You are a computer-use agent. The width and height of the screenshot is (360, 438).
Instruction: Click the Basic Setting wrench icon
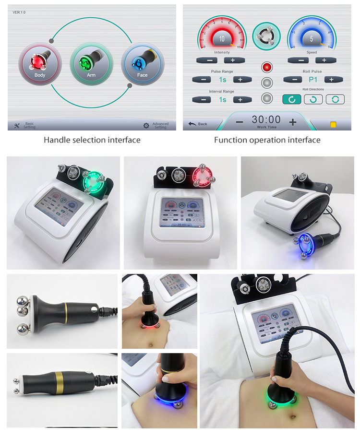point(17,126)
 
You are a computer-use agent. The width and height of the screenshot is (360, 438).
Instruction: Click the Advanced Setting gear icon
point(146,126)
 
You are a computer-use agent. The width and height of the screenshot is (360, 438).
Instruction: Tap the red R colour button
point(267,67)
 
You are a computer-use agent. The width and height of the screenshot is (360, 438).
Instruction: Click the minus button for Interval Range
point(203,100)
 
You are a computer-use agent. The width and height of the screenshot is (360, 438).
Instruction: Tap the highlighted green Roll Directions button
point(291,99)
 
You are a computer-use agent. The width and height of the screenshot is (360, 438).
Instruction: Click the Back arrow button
point(197,124)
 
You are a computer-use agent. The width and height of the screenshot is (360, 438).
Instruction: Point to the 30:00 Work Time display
point(266,120)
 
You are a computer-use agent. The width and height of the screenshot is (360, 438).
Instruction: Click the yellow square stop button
point(333,124)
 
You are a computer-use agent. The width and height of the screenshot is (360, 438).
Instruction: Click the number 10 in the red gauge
point(222,39)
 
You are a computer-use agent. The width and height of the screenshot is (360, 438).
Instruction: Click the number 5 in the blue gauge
point(311,39)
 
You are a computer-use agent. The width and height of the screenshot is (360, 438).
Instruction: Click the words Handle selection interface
point(92,140)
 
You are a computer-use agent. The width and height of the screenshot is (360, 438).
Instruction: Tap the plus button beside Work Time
point(293,122)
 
